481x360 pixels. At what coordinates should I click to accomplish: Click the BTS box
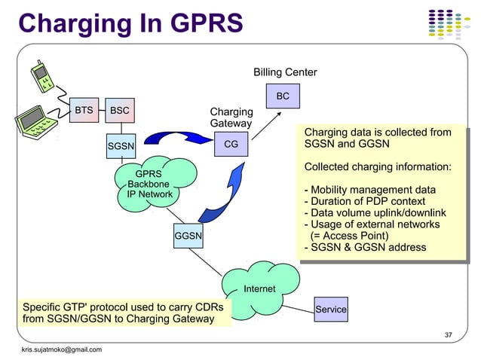84,111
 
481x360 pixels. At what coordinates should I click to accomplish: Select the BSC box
119,111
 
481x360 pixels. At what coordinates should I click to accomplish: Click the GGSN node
188,236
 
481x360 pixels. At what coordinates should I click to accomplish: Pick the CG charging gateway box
231,143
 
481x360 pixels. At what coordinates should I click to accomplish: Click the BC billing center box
283,96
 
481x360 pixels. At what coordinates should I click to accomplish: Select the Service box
331,310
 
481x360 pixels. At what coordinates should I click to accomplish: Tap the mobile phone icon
44,77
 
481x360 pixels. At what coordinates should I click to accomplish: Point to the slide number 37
450,334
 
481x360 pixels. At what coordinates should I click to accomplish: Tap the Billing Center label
285,72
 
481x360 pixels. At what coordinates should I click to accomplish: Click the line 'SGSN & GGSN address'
365,247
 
